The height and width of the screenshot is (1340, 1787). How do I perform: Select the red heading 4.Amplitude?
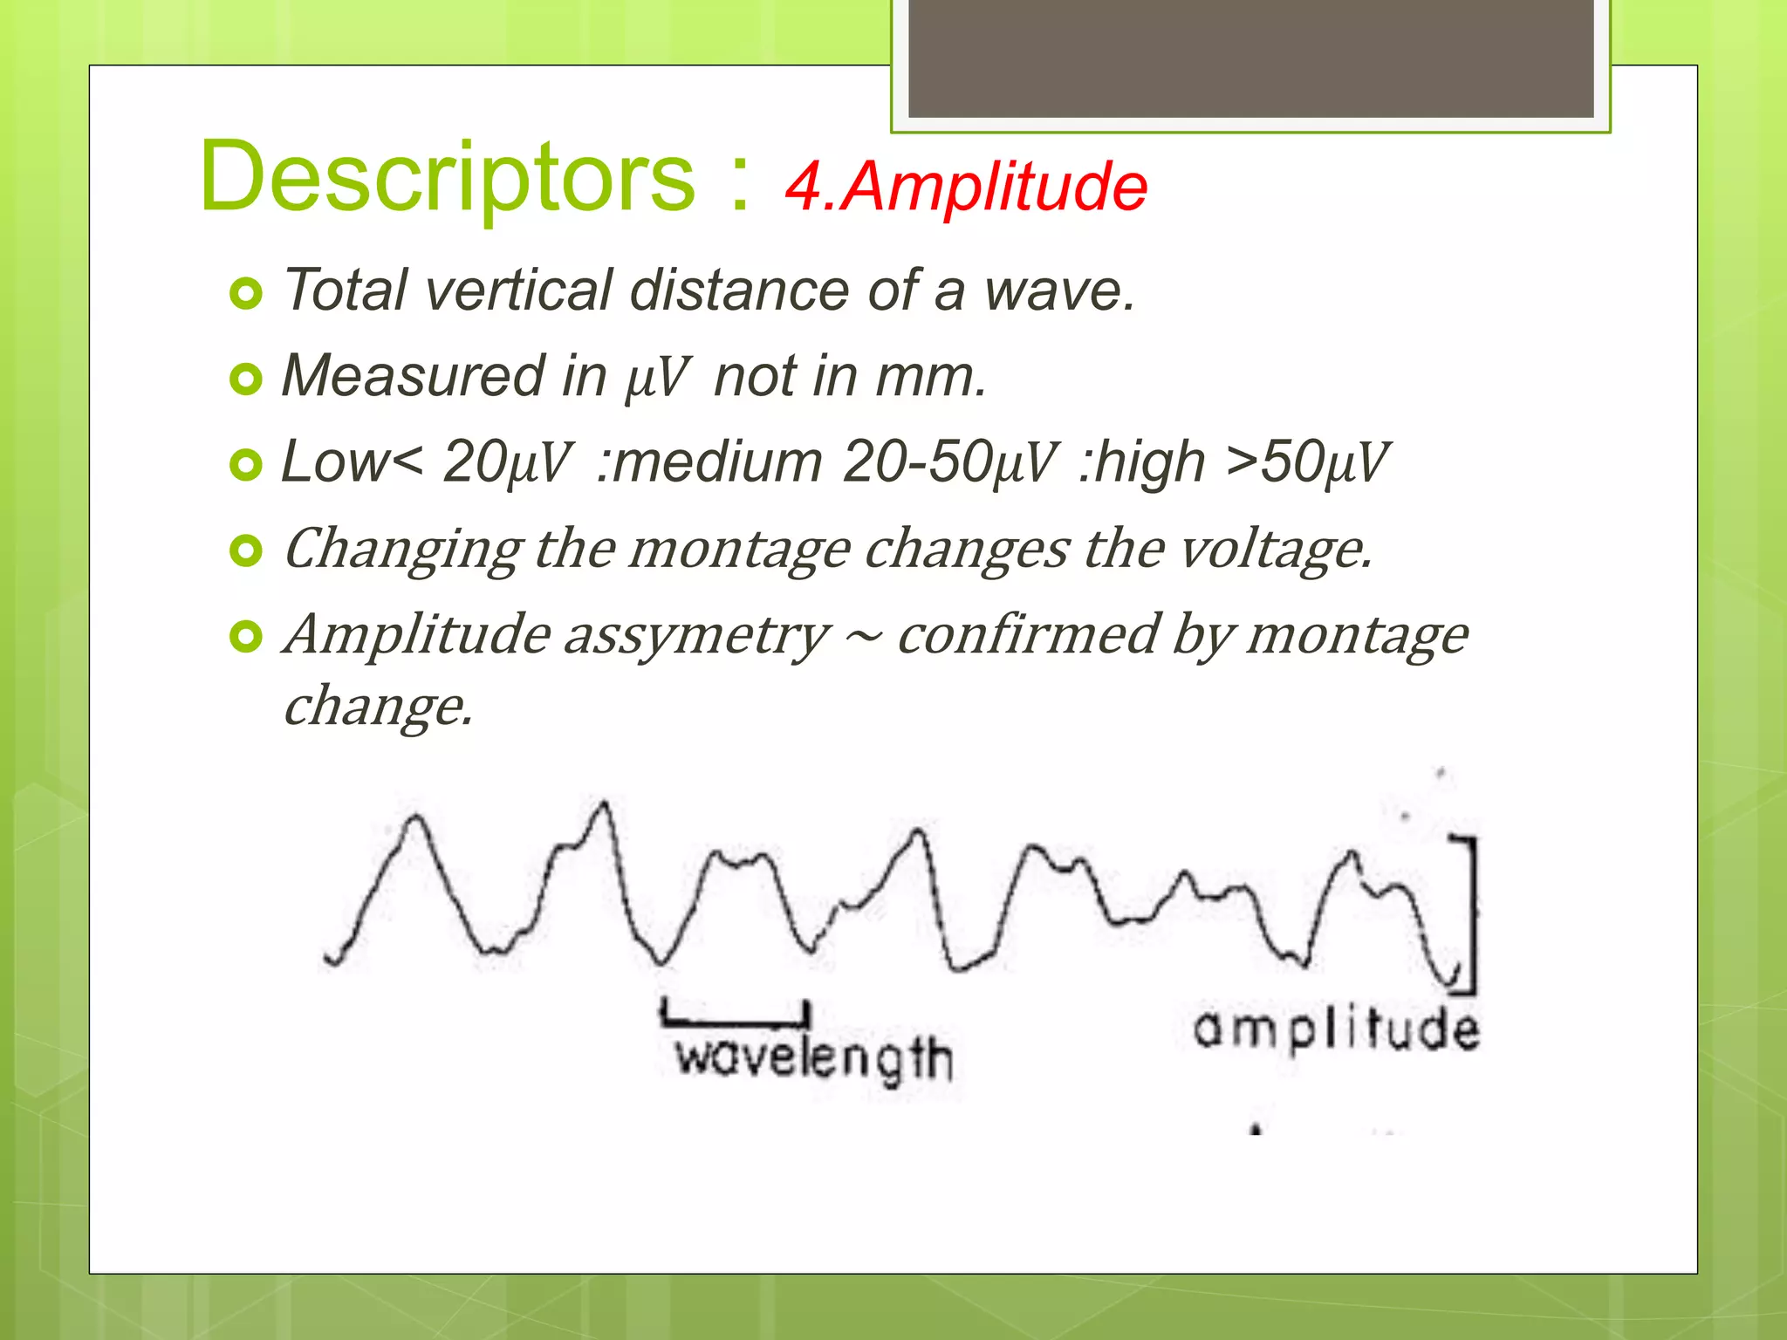pos(966,187)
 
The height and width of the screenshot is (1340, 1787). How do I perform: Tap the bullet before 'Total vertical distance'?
pos(246,294)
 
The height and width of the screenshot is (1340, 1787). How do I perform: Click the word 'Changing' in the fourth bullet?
pos(402,550)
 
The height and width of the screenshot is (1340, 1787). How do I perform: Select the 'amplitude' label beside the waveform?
pos(1336,1029)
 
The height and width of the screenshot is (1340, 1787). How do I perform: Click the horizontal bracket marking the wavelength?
pos(736,1019)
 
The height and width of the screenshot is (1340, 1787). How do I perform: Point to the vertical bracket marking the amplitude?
pos(1473,914)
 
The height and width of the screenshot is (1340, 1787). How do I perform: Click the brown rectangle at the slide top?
pos(1250,58)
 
